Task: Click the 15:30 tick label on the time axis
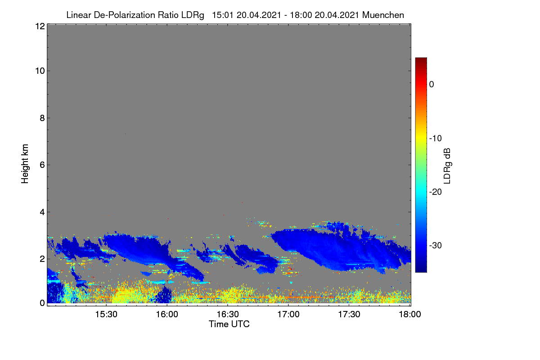click(x=106, y=314)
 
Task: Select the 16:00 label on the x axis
click(x=167, y=314)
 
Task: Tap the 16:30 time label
click(x=228, y=314)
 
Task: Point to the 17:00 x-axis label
click(x=288, y=314)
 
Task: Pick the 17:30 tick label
click(x=349, y=314)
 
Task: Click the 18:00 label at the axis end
click(x=410, y=314)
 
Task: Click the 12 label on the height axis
click(x=40, y=26)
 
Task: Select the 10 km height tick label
click(x=40, y=71)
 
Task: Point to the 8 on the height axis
click(x=42, y=118)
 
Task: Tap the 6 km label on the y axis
click(x=42, y=165)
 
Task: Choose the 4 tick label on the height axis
click(x=42, y=212)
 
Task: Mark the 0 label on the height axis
click(x=42, y=303)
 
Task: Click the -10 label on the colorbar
click(x=436, y=139)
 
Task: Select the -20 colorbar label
click(x=436, y=192)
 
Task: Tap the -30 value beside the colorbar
click(x=436, y=245)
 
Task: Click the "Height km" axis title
click(x=25, y=164)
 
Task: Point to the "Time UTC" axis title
click(x=229, y=324)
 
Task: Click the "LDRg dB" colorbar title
click(x=447, y=166)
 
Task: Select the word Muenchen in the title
click(x=383, y=15)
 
